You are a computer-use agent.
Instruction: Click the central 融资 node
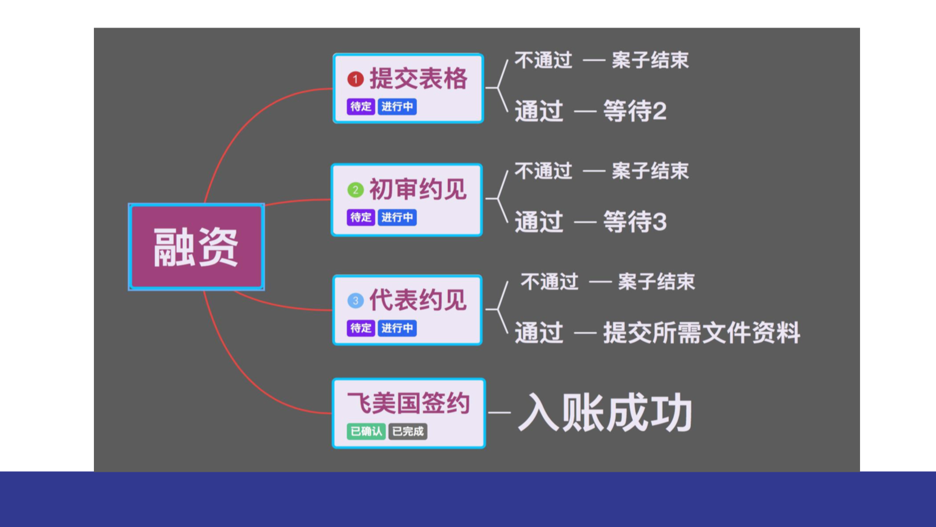point(196,247)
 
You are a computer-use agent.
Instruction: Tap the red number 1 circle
point(355,79)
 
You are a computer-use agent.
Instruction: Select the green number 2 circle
point(355,190)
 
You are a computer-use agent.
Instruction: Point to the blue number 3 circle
point(355,300)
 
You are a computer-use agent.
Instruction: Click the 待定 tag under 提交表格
point(361,106)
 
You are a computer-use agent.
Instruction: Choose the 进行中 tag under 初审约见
point(397,217)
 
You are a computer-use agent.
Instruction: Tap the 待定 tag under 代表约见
point(361,328)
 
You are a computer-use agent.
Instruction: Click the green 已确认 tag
point(366,431)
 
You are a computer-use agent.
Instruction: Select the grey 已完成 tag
point(408,431)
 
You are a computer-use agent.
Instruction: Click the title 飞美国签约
point(409,403)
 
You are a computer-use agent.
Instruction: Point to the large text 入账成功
point(605,412)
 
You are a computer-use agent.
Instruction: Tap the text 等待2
point(634,111)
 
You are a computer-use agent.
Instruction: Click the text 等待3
point(634,222)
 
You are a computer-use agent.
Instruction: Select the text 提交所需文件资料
point(701,333)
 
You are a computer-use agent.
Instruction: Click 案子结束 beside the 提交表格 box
point(650,60)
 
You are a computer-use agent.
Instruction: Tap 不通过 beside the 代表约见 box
point(550,282)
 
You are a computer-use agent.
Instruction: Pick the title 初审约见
point(418,190)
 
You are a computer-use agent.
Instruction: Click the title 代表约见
point(418,300)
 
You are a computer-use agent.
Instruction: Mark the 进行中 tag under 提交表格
point(397,106)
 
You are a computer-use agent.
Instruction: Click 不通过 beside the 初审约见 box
point(543,171)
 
